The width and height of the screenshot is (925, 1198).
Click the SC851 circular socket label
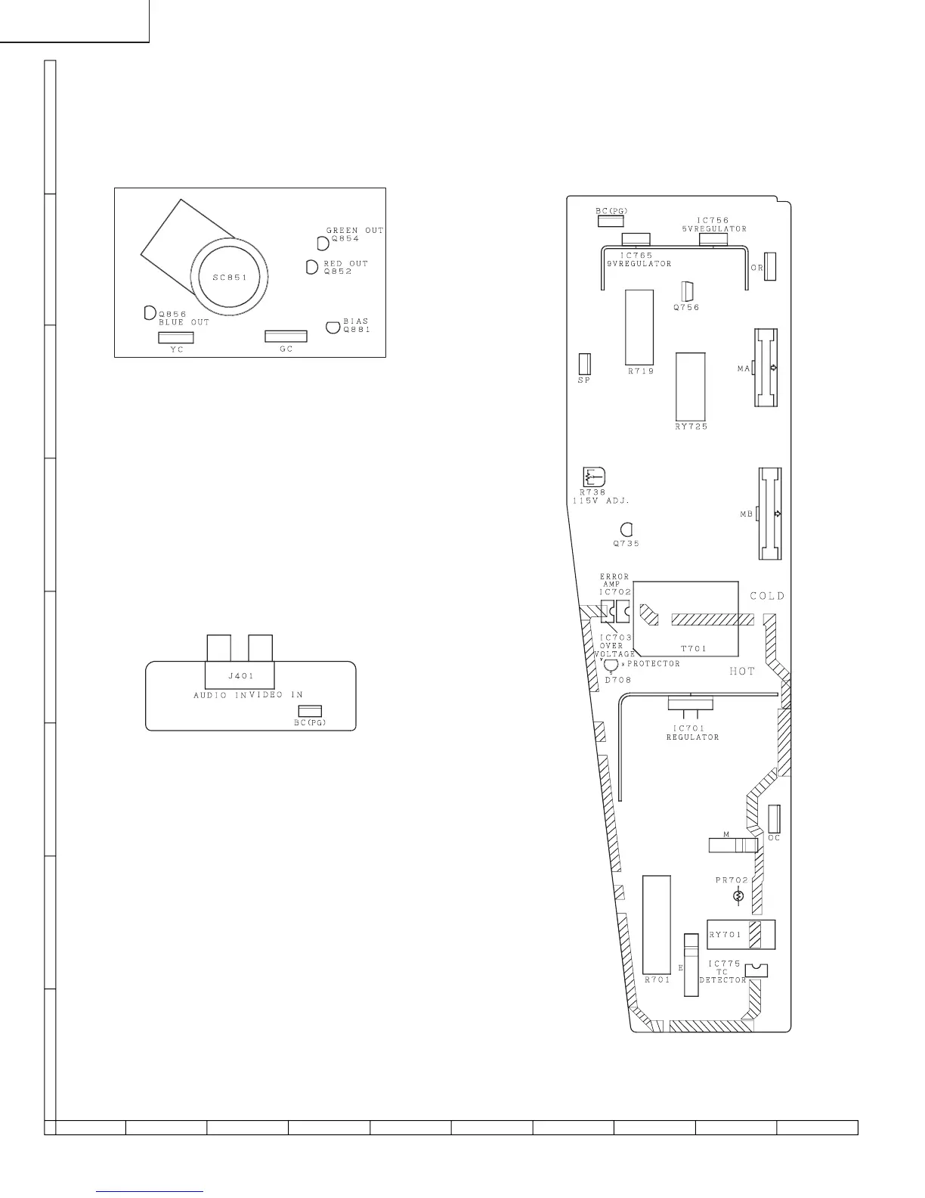pyautogui.click(x=230, y=278)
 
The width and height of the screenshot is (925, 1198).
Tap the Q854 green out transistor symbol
pyautogui.click(x=323, y=243)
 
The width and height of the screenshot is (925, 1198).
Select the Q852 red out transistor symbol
pyautogui.click(x=312, y=267)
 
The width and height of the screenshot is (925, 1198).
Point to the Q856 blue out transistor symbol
pyautogui.click(x=150, y=312)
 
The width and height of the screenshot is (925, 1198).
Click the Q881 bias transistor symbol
pyautogui.click(x=333, y=327)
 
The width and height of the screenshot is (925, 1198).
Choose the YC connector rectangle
pyautogui.click(x=176, y=337)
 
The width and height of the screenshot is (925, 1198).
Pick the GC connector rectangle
pyautogui.click(x=286, y=337)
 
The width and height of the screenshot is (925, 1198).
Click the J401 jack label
pyautogui.click(x=241, y=676)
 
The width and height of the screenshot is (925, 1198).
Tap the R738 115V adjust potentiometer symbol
pyautogui.click(x=594, y=477)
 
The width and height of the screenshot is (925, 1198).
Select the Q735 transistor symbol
pyautogui.click(x=626, y=530)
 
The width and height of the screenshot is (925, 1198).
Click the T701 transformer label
pyautogui.click(x=694, y=649)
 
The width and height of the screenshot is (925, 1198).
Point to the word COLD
pyautogui.click(x=768, y=596)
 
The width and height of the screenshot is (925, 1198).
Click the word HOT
pyautogui.click(x=742, y=671)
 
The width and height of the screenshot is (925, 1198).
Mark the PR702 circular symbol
pyautogui.click(x=738, y=896)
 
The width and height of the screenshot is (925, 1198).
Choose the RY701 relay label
pyautogui.click(x=725, y=935)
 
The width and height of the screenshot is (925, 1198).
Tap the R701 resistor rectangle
pyautogui.click(x=657, y=924)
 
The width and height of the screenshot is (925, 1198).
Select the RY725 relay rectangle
pyautogui.click(x=690, y=387)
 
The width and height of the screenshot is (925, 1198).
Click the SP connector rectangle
pyautogui.click(x=584, y=364)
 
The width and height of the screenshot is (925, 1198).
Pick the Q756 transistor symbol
pyautogui.click(x=687, y=292)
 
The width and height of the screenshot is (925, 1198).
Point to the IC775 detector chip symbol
pyautogui.click(x=756, y=970)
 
